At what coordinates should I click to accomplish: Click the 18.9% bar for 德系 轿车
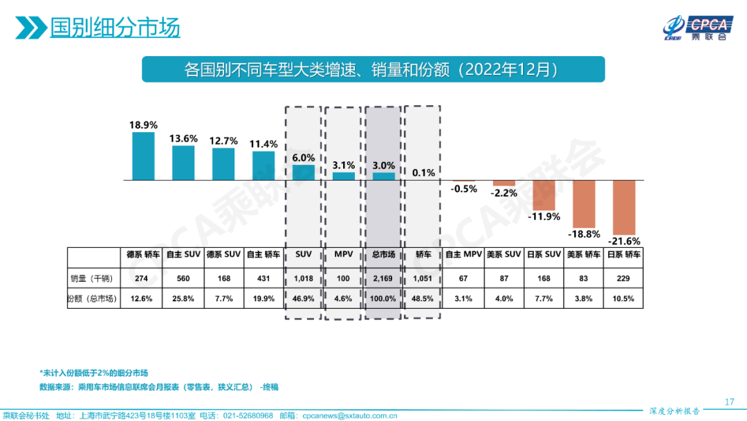(x=143, y=156)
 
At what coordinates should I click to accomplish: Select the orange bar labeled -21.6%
(x=624, y=207)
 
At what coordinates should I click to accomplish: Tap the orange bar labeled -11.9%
(x=544, y=195)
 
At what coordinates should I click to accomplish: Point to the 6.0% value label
(x=304, y=158)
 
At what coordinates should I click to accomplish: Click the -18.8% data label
(x=584, y=234)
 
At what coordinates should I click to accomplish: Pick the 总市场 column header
(x=384, y=255)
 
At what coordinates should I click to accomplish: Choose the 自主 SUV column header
(x=183, y=255)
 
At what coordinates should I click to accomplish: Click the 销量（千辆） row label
(x=92, y=278)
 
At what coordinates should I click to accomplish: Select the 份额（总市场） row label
(x=92, y=299)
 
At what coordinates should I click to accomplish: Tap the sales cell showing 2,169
(x=384, y=278)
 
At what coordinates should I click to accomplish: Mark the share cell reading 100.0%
(x=384, y=299)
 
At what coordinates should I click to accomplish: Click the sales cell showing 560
(x=183, y=278)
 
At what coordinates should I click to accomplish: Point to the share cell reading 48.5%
(x=423, y=299)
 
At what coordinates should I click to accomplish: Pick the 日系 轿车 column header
(x=624, y=255)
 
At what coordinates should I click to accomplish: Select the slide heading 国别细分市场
(x=115, y=28)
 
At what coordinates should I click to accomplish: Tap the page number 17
(x=729, y=402)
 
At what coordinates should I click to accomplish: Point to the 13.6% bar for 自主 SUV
(x=183, y=163)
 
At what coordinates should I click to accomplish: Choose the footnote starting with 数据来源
(x=158, y=386)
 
